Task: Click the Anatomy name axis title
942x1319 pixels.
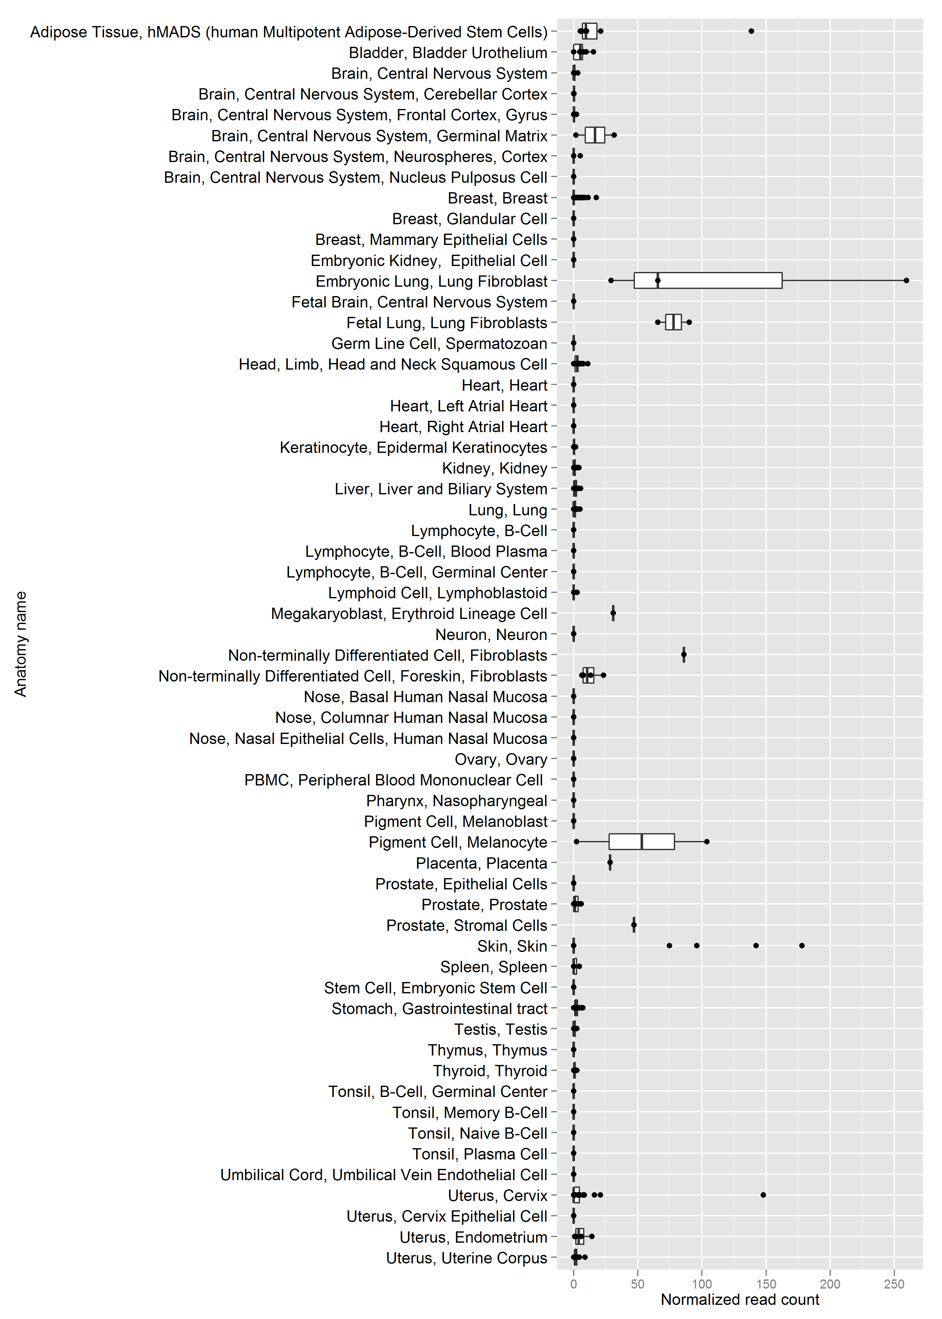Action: (21, 644)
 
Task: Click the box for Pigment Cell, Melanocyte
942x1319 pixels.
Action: (642, 842)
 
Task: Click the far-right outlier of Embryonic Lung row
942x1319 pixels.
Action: (907, 281)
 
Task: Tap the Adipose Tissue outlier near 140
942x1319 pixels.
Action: (751, 31)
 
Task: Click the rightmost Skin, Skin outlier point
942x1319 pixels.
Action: (802, 946)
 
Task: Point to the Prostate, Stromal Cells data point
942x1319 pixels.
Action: (634, 925)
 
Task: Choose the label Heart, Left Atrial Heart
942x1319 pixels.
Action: (469, 406)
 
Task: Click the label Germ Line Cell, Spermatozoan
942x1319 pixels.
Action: (439, 344)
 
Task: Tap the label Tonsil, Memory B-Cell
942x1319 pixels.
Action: (470, 1112)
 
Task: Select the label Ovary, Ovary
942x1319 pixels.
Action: (501, 759)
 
